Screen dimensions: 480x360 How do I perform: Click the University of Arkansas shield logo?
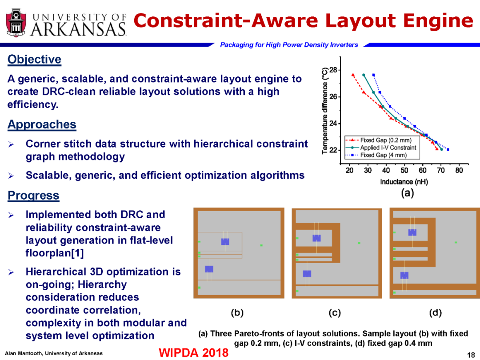pos(16,23)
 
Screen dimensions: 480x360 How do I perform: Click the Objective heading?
pos(34,60)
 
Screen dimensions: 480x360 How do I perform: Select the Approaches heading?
pos(42,124)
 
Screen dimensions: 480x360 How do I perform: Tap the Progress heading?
pos(33,195)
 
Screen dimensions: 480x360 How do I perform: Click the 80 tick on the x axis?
pos(459,171)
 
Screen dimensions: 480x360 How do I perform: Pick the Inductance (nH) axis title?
pos(404,182)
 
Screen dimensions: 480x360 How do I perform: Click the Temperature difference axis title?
pos(325,111)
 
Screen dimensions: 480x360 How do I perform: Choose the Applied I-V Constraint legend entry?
pos(381,148)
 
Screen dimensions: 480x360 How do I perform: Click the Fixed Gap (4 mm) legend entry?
pos(376,155)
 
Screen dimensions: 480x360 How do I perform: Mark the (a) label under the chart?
pos(407,193)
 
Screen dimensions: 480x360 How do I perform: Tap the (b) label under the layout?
pos(237,312)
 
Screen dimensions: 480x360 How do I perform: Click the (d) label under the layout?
pos(435,312)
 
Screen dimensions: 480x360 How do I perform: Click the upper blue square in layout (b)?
pos(225,241)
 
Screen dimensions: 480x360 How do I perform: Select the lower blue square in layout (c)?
pos(307,274)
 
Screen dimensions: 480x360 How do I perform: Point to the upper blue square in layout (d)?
pos(412,232)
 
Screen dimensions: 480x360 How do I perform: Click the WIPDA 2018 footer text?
pos(193,352)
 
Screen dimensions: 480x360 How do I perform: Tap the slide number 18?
pos(471,355)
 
